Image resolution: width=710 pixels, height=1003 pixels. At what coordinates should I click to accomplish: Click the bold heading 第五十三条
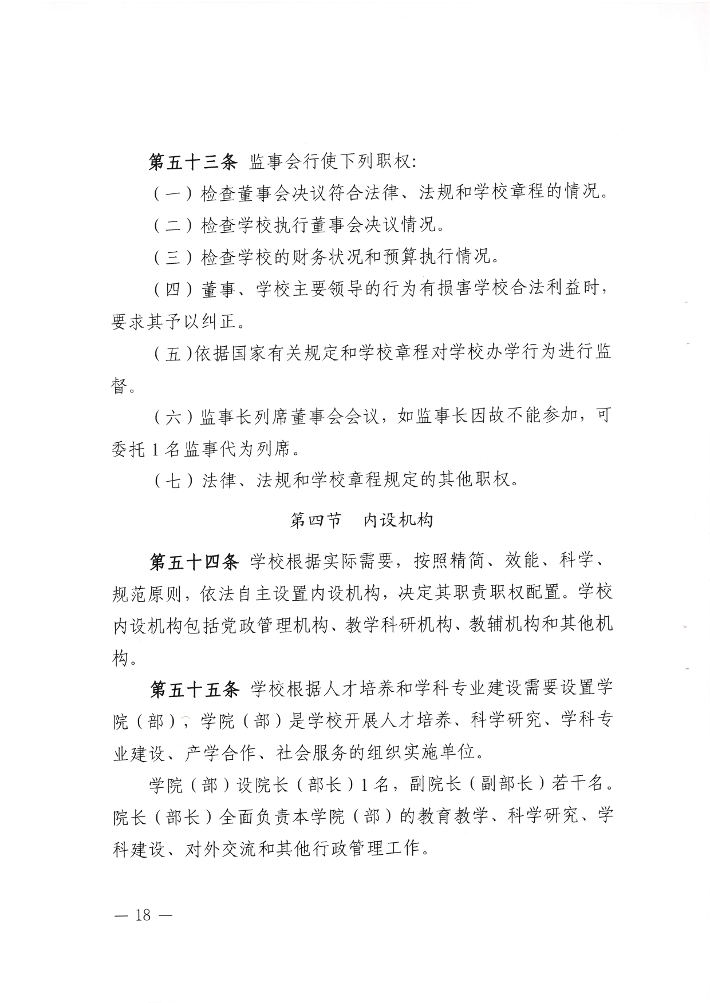(x=192, y=162)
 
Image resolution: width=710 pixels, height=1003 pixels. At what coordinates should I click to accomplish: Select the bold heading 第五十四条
(x=194, y=562)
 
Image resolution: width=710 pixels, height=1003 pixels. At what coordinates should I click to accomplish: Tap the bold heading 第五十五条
(x=194, y=689)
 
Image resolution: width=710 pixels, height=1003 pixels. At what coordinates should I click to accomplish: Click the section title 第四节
(x=316, y=520)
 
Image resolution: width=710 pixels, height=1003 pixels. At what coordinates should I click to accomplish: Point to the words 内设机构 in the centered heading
(x=399, y=520)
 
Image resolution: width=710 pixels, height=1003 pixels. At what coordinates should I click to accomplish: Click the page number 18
(x=143, y=915)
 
